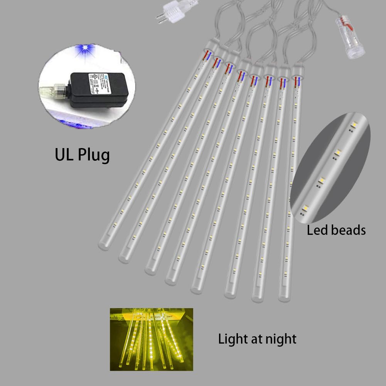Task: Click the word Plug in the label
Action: (94, 155)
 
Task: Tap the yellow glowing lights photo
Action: (151, 339)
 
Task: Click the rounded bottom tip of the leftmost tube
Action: (103, 245)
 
